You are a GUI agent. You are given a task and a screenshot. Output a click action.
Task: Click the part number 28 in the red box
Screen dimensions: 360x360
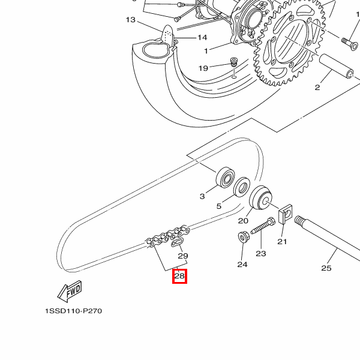179,277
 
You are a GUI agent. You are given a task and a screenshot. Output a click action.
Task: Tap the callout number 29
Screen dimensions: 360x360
183,256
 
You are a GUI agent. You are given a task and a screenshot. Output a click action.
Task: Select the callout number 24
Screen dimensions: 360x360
242,264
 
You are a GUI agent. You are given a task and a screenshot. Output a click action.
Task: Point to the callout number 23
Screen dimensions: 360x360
260,254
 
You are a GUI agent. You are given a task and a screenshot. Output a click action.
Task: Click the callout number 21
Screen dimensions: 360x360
282,242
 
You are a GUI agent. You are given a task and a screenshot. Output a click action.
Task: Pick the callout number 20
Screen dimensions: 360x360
243,220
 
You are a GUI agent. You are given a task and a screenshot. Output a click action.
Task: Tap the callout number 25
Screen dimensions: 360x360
326,268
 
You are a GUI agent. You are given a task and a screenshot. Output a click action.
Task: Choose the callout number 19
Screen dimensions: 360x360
203,68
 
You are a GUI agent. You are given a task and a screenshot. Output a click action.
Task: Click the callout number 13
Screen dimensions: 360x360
131,20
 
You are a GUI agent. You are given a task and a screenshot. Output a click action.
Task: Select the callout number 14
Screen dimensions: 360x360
202,37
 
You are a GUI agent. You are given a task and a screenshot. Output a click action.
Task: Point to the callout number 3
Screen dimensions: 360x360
202,196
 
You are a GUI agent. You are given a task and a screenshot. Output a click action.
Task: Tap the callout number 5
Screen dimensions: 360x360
218,206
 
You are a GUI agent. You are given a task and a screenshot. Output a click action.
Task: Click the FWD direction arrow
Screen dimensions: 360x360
70,292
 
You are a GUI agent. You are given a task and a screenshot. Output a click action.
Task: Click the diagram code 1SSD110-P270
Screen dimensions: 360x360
74,312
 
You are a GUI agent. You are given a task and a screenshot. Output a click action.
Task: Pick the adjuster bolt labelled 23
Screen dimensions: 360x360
262,229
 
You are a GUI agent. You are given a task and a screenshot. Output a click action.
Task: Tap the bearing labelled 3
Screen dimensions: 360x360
226,178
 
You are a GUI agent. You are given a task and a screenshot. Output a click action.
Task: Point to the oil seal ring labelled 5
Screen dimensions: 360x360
242,187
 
